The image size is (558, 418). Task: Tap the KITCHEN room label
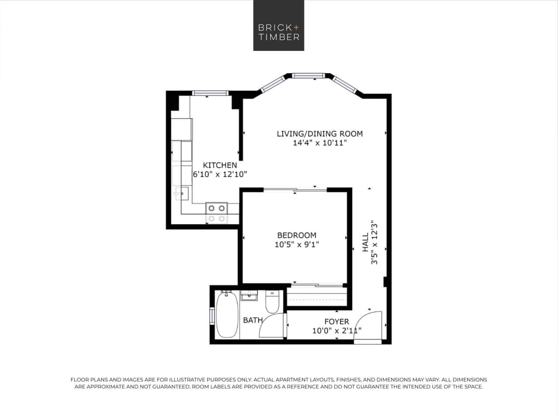(220, 165)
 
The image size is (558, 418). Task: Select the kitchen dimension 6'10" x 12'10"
(220, 174)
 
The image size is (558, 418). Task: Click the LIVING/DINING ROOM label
(319, 133)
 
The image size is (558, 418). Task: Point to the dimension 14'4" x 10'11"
(319, 143)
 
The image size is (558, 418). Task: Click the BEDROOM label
(297, 235)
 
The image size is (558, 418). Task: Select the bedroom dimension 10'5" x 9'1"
(297, 245)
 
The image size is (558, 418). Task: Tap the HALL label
(365, 242)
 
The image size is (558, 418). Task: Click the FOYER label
(336, 322)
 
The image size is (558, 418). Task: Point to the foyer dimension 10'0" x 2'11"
(336, 331)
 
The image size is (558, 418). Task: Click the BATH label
(253, 320)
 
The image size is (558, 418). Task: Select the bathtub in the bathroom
(226, 315)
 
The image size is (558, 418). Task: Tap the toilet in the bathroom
(272, 302)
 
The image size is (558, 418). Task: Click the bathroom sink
(250, 296)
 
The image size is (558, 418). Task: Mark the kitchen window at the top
(210, 93)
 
